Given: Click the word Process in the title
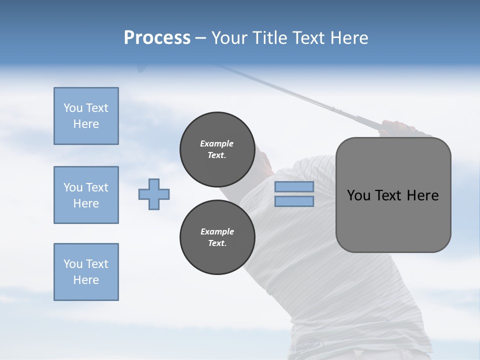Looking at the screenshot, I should tap(157, 38).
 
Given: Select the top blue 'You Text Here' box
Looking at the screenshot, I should tap(86, 116).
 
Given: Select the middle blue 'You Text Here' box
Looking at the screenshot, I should tap(86, 195).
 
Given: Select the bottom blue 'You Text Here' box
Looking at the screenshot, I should tap(86, 272).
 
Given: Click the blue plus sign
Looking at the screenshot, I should tap(154, 194).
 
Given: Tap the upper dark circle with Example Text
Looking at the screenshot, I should tap(217, 149).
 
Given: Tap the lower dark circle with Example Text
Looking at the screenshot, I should tap(217, 237).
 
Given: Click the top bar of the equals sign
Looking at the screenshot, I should tap(294, 187).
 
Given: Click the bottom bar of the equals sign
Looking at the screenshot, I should tap(294, 201).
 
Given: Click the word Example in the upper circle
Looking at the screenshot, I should tap(217, 143).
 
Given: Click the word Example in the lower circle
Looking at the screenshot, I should tap(217, 231).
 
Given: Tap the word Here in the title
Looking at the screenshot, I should tap(349, 38).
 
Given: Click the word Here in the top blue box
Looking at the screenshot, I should tap(86, 124).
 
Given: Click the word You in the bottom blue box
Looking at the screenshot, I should tap(73, 264).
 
